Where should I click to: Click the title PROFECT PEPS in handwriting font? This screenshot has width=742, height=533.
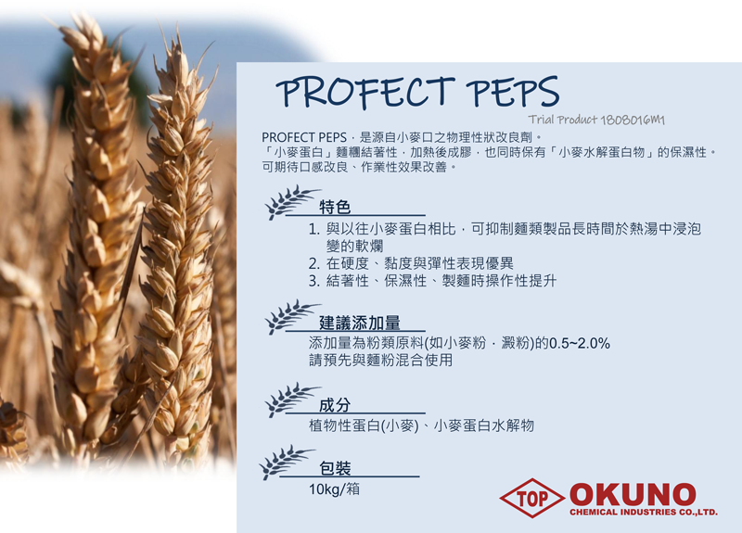pyautogui.click(x=417, y=92)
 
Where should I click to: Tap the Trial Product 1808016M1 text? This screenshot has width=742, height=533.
pyautogui.click(x=596, y=120)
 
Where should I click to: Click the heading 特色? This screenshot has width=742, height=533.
pyautogui.click(x=335, y=207)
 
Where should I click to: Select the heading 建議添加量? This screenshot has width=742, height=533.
pyautogui.click(x=360, y=323)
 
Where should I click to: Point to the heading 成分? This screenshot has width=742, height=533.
pyautogui.click(x=335, y=405)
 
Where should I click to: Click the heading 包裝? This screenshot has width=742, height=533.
pyautogui.click(x=335, y=468)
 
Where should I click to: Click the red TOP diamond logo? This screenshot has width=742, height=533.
pyautogui.click(x=531, y=498)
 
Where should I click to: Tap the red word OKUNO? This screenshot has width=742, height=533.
pyautogui.click(x=633, y=495)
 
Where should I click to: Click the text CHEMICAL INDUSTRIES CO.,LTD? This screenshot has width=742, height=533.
pyautogui.click(x=644, y=513)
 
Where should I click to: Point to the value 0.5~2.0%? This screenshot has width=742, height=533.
pyautogui.click(x=579, y=343)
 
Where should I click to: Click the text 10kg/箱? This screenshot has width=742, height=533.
pyautogui.click(x=334, y=489)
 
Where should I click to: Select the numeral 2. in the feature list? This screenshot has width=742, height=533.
pyautogui.click(x=314, y=263)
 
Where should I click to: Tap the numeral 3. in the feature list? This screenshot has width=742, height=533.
pyautogui.click(x=314, y=281)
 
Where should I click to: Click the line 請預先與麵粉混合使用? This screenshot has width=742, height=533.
pyautogui.click(x=380, y=360)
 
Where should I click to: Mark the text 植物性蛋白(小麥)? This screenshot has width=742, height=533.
pyautogui.click(x=364, y=425)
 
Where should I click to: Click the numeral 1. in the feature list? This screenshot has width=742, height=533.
pyautogui.click(x=314, y=229)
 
